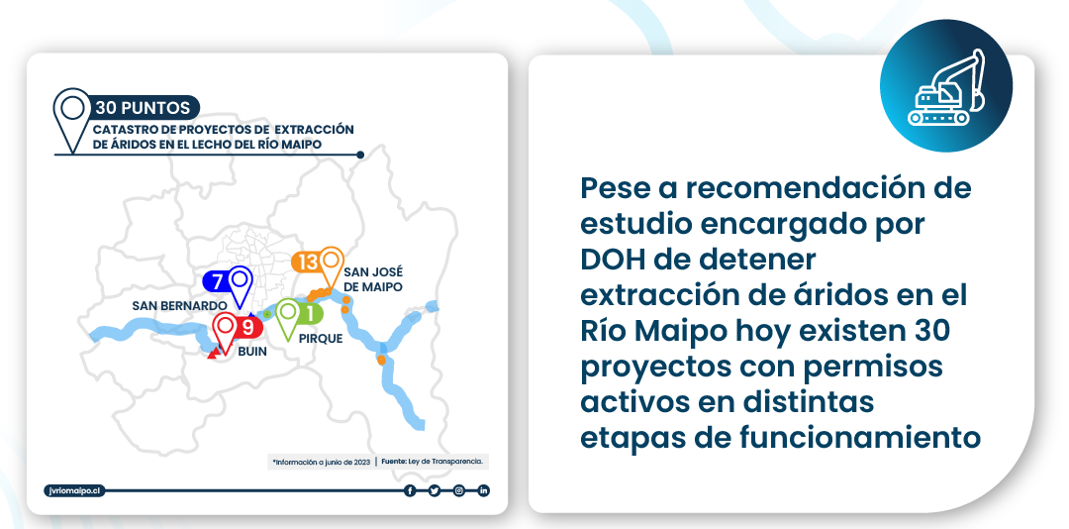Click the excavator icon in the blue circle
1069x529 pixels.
(946, 89)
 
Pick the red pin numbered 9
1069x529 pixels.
(236, 331)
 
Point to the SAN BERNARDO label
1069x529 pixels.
(179, 306)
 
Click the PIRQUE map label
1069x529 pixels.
(321, 338)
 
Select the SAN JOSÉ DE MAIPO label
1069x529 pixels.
(373, 280)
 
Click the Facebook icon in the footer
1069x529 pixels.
(410, 490)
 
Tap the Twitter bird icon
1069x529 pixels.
(435, 490)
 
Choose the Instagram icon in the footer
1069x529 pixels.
(459, 490)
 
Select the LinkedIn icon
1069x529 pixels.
(483, 490)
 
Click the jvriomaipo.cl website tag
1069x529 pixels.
(74, 490)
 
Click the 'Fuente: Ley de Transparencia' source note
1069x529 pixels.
(433, 462)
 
